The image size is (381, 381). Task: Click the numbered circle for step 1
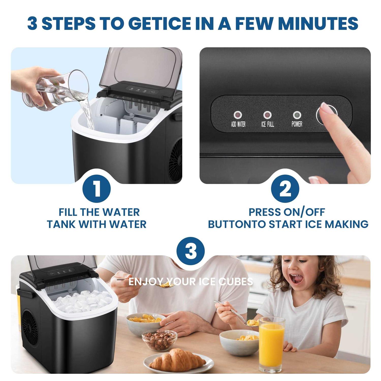tap(97, 189)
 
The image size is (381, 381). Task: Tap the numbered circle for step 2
tap(285, 189)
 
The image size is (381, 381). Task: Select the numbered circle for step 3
tap(190, 251)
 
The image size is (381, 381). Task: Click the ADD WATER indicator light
tap(238, 115)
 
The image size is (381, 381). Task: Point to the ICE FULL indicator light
tap(267, 115)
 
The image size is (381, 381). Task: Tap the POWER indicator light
tap(297, 115)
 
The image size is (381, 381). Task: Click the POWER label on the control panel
tap(297, 124)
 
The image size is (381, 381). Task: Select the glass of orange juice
tap(272, 345)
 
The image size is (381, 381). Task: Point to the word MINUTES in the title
tap(318, 23)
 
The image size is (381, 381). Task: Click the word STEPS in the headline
tap(69, 23)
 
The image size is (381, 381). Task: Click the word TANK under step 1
tap(61, 224)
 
